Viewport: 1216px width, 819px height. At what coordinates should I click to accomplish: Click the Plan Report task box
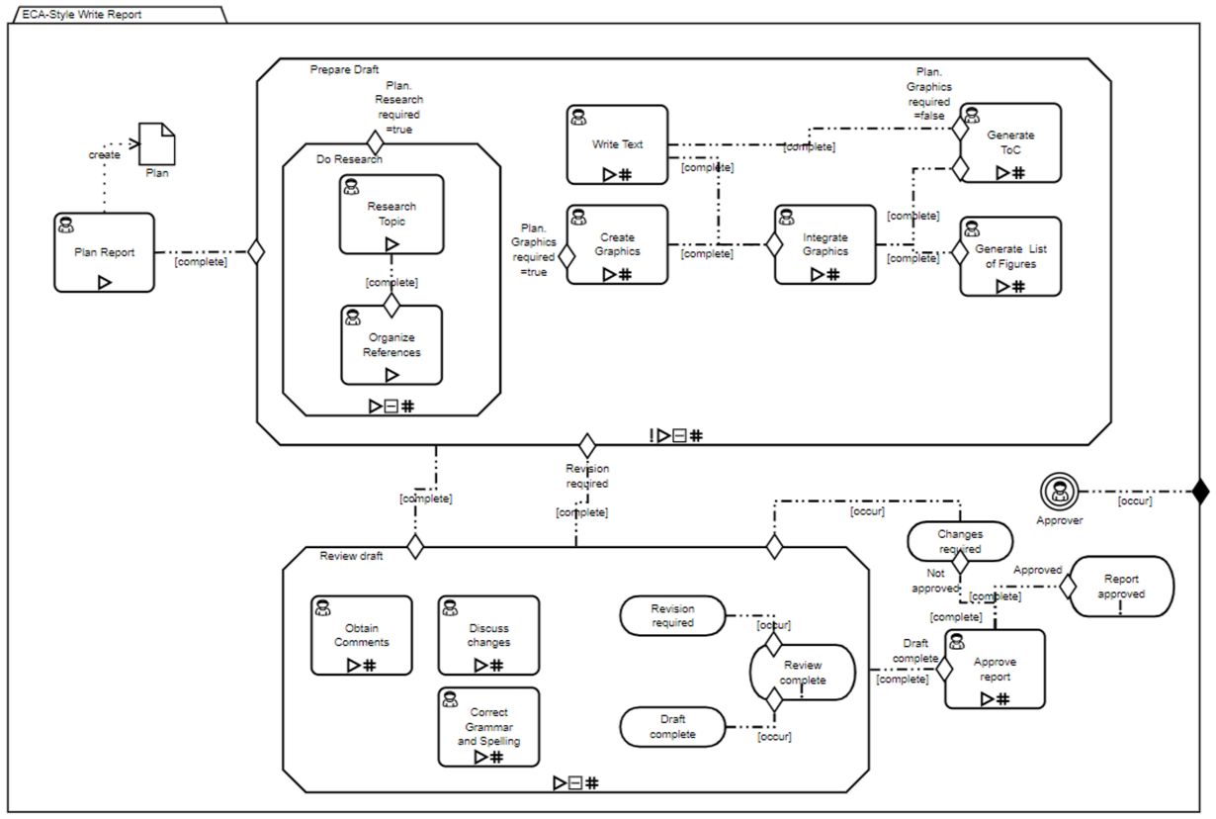104,252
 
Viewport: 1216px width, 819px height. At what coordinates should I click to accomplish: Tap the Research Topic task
391,215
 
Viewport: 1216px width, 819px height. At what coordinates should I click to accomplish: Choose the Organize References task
391,345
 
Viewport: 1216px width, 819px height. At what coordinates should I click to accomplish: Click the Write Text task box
617,144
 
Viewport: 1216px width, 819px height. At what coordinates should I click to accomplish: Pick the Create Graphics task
617,244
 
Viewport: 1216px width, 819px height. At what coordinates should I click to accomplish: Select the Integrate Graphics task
825,244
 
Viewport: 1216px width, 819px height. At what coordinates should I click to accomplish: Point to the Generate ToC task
1010,143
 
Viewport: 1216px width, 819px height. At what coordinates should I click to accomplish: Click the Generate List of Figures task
1010,256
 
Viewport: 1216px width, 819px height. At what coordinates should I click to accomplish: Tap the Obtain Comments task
362,635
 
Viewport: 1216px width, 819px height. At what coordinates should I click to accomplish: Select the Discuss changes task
488,635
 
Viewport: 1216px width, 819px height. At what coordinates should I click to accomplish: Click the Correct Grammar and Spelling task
488,727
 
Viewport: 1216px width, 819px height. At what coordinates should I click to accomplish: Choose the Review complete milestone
803,673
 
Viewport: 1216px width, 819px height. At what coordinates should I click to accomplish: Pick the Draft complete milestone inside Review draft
673,727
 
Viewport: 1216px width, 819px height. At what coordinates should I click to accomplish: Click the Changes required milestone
960,541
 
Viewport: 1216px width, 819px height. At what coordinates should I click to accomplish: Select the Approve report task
995,670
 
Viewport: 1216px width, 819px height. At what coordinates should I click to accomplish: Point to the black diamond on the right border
1200,491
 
